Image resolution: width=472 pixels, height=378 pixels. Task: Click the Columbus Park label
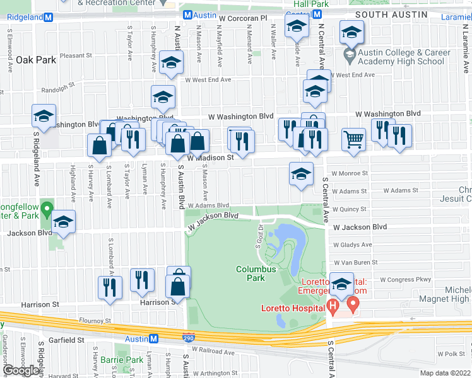256,273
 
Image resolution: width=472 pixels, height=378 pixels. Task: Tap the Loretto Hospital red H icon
334,307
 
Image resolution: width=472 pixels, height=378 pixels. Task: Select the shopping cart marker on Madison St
354,140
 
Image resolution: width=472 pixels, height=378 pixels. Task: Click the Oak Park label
37,60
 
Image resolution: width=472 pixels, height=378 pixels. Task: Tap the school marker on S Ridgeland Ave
44,117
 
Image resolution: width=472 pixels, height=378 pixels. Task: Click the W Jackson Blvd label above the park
213,219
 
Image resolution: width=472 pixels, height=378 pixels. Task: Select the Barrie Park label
129,360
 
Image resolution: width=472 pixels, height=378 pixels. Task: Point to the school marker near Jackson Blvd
63,222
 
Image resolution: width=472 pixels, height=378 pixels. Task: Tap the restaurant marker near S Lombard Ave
110,287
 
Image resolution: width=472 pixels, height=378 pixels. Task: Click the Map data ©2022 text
445,373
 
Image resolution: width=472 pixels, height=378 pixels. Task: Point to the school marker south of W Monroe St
302,174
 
